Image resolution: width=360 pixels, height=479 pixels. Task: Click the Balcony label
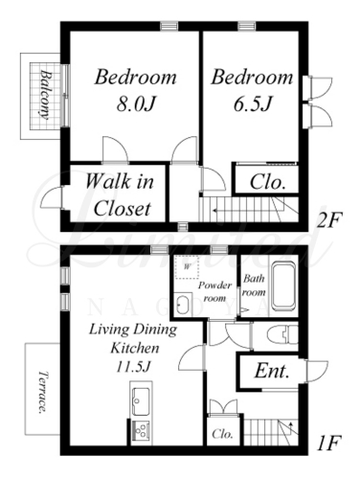(x=45, y=95)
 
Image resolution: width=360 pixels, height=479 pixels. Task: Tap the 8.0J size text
(x=136, y=103)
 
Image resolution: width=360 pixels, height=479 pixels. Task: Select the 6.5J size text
(x=252, y=103)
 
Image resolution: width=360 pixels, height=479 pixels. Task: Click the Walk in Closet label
(x=120, y=194)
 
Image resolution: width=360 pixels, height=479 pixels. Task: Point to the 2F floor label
(x=328, y=219)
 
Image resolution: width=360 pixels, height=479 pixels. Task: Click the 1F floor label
(x=328, y=443)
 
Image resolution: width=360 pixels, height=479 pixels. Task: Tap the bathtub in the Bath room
(x=283, y=287)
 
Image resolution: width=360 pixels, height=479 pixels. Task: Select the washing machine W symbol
(x=187, y=267)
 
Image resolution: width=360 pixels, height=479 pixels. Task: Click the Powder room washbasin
(x=183, y=305)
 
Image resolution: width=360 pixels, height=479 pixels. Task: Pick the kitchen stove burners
(x=141, y=431)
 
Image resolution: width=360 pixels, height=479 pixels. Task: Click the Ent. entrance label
(x=272, y=372)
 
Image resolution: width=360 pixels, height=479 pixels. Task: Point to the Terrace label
(x=42, y=392)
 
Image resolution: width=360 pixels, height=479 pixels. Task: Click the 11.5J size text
(x=133, y=366)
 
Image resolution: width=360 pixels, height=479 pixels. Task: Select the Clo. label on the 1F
(x=222, y=434)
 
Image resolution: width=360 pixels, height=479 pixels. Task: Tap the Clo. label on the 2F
(x=267, y=182)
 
